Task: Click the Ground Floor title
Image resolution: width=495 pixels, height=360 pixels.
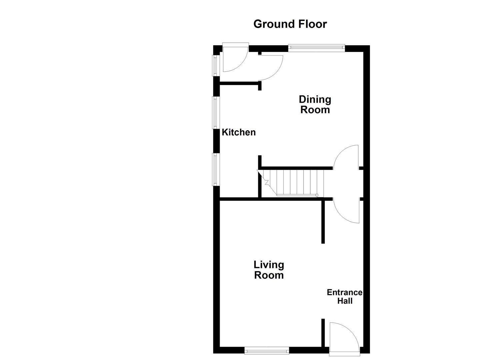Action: click(290, 24)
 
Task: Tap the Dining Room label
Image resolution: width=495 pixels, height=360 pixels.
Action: click(315, 104)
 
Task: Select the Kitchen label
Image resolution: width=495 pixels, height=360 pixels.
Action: click(239, 132)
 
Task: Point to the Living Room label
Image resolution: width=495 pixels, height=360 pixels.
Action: click(269, 270)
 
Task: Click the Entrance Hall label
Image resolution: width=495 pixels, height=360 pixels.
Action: click(344, 297)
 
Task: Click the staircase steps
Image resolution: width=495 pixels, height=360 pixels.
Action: click(293, 182)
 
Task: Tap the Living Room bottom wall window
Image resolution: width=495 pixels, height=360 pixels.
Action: click(267, 350)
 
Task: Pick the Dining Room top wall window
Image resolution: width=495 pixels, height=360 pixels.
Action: click(316, 48)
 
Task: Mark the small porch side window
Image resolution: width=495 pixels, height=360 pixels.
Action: click(215, 65)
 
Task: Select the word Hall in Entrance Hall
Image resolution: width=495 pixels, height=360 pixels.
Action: click(345, 301)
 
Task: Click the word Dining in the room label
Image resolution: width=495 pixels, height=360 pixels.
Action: click(315, 99)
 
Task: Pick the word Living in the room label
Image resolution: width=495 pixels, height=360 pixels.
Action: click(269, 265)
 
